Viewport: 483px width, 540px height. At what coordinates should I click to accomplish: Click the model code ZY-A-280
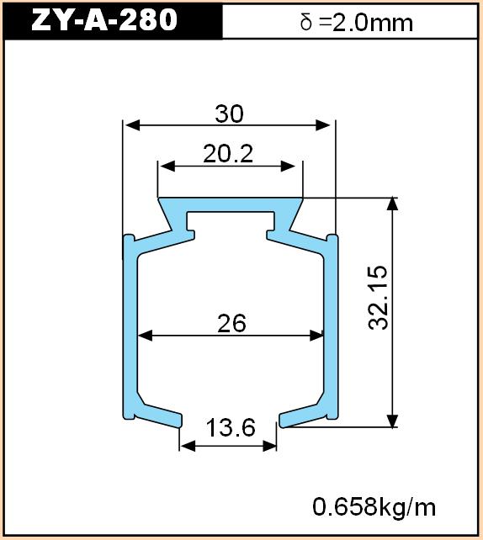tap(104, 19)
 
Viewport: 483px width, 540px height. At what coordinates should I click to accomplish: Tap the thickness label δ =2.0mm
tap(356, 23)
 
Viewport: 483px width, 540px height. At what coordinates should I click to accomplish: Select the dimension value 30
tap(230, 114)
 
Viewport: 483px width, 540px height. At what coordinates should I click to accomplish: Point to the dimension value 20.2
tap(228, 154)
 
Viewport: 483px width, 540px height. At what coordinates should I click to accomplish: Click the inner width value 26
tap(231, 323)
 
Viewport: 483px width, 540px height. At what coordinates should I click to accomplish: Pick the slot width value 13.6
tap(231, 427)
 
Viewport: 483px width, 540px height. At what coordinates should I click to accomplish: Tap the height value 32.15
tap(378, 298)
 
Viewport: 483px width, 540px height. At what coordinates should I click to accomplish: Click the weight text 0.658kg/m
tap(374, 507)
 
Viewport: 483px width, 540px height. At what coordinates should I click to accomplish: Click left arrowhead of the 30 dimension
tap(132, 125)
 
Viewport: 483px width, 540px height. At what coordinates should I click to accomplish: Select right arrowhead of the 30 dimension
tap(323, 125)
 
